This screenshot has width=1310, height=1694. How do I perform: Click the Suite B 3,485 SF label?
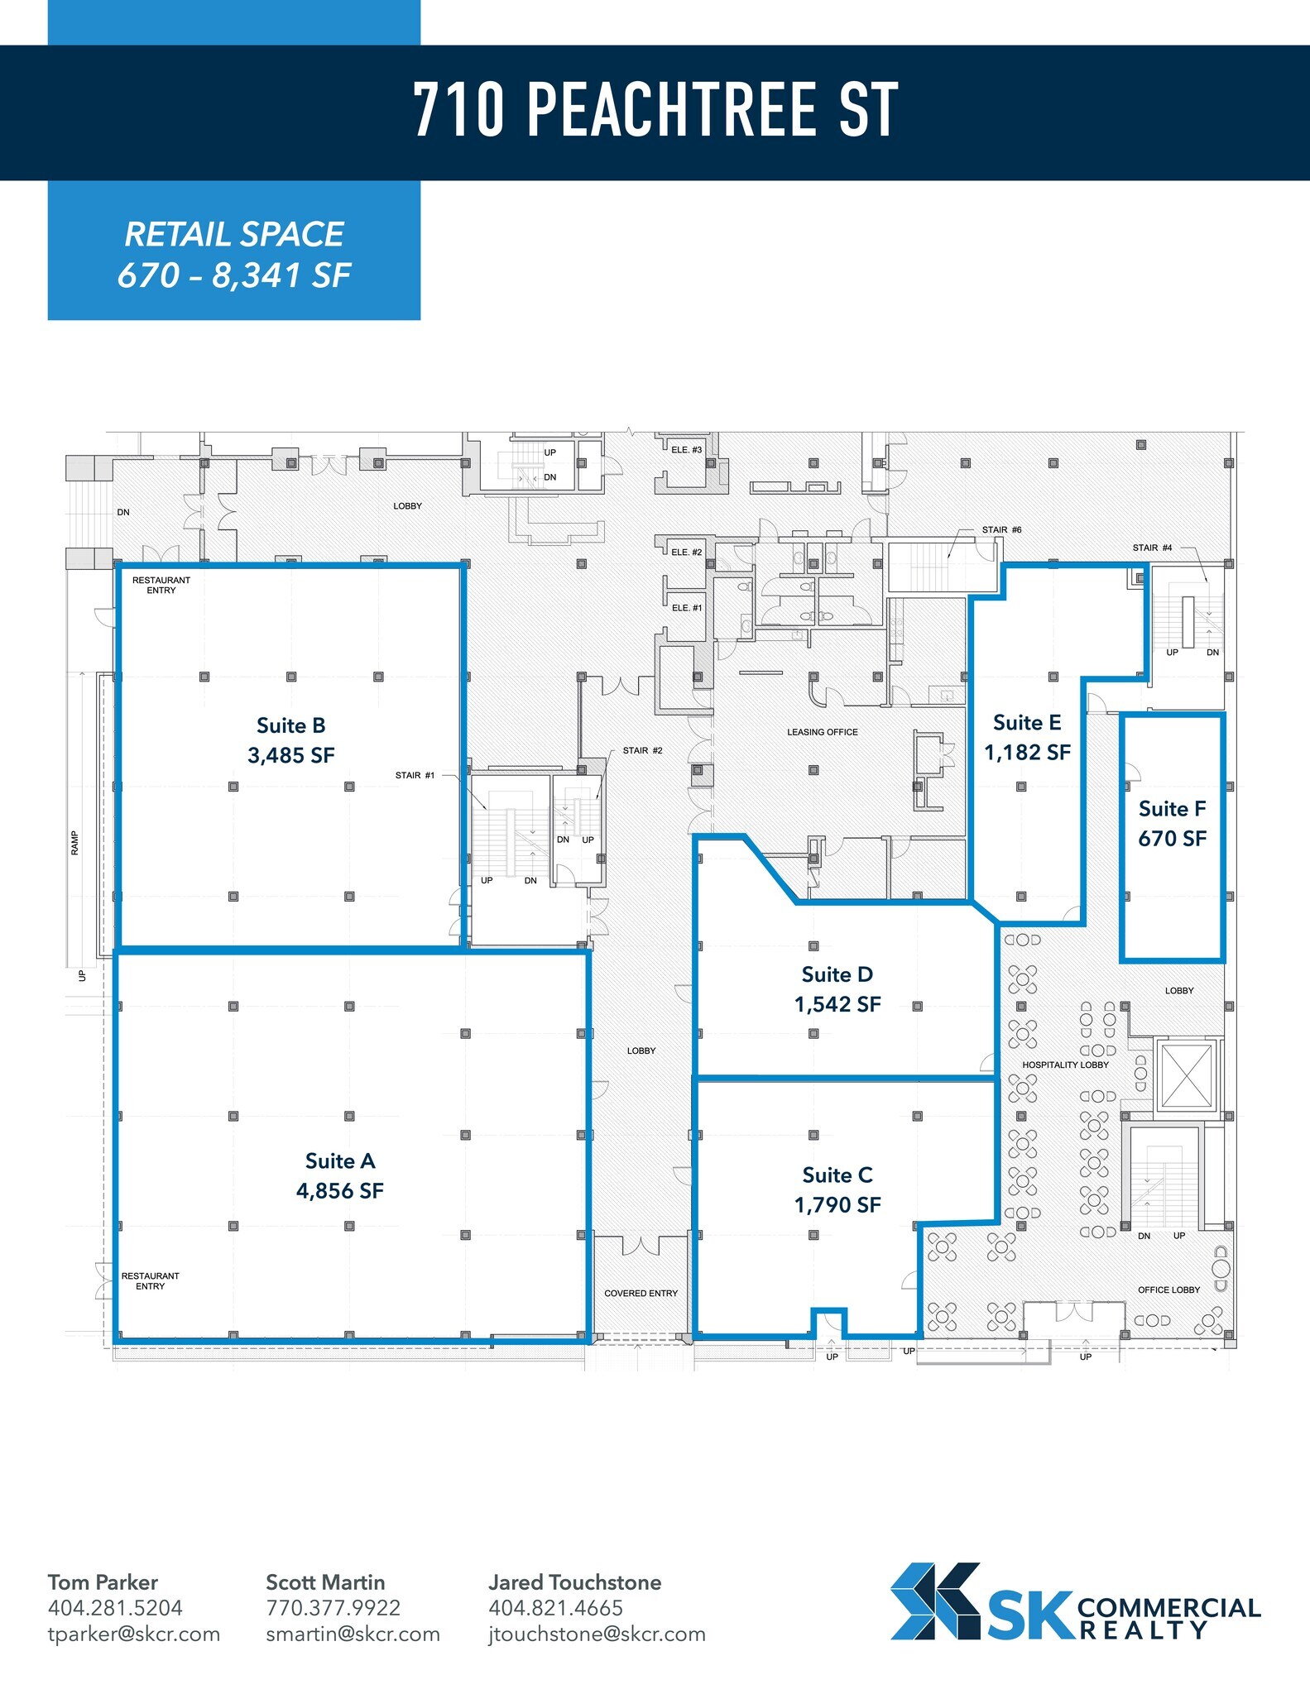tap(290, 740)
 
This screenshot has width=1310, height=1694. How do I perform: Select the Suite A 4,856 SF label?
tap(340, 1175)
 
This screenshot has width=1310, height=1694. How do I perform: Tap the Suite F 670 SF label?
tap(1172, 823)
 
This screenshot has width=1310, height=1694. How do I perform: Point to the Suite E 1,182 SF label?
tap(1027, 737)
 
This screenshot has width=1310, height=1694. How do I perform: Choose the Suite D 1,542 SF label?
tap(837, 989)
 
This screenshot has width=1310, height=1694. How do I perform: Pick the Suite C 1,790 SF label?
tap(837, 1189)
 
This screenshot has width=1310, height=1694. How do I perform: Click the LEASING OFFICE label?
tap(822, 732)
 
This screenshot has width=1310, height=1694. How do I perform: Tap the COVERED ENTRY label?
tap(641, 1293)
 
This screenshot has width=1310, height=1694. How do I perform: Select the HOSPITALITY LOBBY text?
tap(1065, 1065)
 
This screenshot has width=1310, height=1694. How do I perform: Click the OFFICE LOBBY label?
tap(1168, 1290)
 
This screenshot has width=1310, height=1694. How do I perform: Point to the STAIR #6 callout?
tap(1001, 529)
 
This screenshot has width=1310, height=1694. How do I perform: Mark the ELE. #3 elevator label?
tap(686, 450)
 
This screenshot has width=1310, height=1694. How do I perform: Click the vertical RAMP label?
tap(74, 843)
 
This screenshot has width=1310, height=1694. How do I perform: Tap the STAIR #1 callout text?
tap(415, 775)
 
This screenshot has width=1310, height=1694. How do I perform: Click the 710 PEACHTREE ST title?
tap(655, 110)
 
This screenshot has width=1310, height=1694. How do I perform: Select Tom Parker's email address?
tap(134, 1634)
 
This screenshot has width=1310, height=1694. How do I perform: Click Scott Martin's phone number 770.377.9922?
tap(333, 1608)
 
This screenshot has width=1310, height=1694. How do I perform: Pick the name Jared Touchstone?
tap(574, 1582)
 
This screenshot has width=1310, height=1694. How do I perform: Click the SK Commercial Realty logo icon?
tap(935, 1601)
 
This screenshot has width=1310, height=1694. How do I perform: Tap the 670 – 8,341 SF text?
tap(234, 275)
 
